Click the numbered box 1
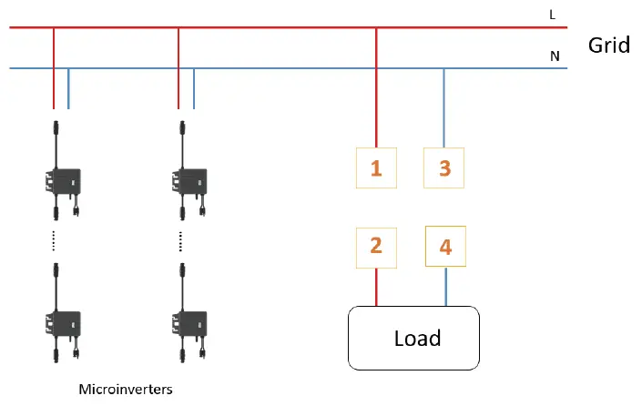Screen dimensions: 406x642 376,167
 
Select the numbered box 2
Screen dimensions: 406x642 376,246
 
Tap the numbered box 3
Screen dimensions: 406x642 444,167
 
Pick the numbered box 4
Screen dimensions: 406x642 445,246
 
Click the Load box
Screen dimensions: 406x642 414,338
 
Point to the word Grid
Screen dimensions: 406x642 609,45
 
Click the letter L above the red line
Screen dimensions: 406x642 554,15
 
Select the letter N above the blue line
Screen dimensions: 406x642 554,56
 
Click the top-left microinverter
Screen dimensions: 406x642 60,179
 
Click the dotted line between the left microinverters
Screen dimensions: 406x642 53,240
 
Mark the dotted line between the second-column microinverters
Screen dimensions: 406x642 179,240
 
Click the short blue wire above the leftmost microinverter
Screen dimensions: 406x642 69,88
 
